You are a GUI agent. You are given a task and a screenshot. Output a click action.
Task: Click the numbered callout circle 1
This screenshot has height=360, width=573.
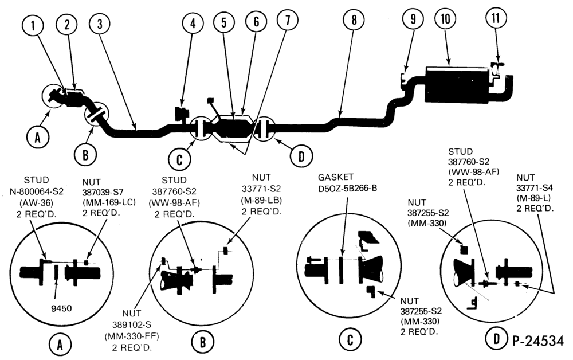[33, 26]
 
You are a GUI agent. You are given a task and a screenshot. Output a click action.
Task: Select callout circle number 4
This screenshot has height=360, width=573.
[193, 24]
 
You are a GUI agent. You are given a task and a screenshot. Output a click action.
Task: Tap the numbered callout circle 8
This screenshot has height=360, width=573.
[354, 19]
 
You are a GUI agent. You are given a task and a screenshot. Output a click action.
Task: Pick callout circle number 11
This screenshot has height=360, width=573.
[496, 18]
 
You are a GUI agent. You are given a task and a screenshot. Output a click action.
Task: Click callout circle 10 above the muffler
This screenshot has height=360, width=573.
[445, 18]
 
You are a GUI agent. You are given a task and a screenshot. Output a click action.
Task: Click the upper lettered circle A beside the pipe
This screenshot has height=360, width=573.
[37, 138]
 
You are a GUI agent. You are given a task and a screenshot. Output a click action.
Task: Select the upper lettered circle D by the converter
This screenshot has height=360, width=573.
[301, 156]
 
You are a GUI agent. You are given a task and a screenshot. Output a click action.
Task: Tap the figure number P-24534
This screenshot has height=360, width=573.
[537, 341]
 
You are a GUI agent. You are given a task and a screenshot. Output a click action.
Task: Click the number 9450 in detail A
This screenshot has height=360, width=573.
[61, 308]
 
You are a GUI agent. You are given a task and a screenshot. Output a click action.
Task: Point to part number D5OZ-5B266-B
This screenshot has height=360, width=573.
[347, 188]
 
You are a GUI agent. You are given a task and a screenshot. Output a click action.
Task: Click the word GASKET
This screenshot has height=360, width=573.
[335, 178]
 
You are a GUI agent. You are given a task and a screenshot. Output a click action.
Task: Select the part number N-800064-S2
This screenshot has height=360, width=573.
[36, 191]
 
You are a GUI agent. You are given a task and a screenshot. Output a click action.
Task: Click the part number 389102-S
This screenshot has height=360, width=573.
[132, 324]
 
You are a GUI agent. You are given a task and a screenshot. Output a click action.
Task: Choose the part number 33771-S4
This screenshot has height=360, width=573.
[535, 188]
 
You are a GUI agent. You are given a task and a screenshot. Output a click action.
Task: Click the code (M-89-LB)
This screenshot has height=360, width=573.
[261, 200]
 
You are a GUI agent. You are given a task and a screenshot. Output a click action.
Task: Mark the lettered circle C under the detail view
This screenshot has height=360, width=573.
[350, 341]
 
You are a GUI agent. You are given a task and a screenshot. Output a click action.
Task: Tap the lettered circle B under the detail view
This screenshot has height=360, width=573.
[202, 342]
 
